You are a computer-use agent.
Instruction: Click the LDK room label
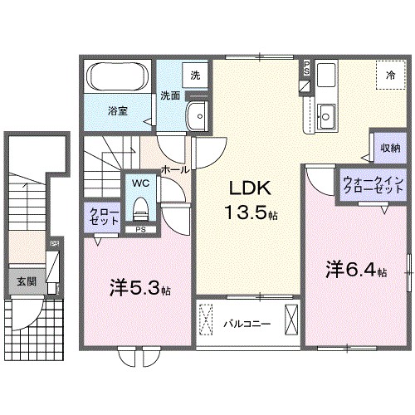[x=247, y=188]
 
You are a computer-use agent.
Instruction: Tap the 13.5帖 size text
[x=247, y=213]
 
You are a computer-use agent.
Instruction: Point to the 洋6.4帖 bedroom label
[x=355, y=270]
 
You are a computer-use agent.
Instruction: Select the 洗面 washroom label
[x=171, y=95]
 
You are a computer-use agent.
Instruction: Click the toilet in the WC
[x=140, y=206]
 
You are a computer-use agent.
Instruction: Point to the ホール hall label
[x=174, y=168]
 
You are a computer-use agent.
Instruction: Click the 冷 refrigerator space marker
[x=389, y=75]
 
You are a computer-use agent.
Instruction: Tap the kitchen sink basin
[x=326, y=116]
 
